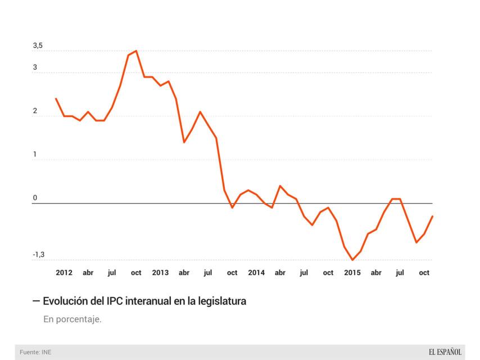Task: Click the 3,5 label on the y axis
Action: click(x=38, y=46)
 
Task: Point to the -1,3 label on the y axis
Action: click(x=38, y=255)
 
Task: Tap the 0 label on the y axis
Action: click(x=35, y=198)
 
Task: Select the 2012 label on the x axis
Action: click(x=64, y=273)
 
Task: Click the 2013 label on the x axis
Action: click(x=160, y=273)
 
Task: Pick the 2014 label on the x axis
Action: click(x=256, y=273)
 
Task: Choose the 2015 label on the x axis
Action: click(x=352, y=273)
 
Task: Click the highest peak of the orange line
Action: click(x=136, y=51)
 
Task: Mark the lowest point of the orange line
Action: click(x=352, y=260)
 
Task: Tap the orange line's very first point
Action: click(x=56, y=98)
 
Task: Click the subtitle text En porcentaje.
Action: click(x=73, y=319)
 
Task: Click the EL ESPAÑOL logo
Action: click(x=445, y=352)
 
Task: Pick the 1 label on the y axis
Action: click(x=35, y=155)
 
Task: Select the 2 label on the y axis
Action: click(x=35, y=111)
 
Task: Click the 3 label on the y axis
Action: click(x=35, y=67)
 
